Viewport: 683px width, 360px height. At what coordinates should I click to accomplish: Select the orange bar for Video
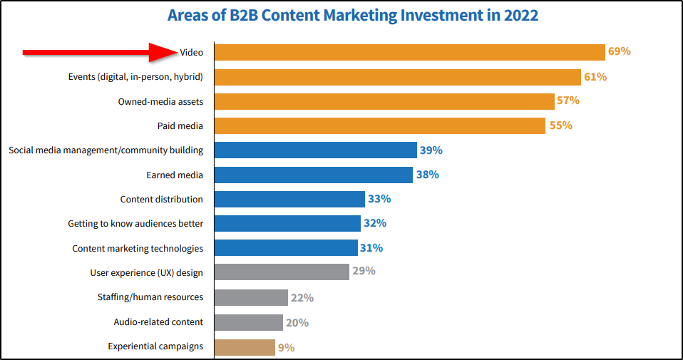click(x=409, y=52)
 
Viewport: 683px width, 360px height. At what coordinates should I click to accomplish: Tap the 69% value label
click(x=619, y=52)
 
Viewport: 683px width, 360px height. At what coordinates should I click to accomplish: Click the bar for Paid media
click(x=379, y=125)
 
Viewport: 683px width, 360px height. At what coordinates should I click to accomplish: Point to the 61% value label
click(x=595, y=76)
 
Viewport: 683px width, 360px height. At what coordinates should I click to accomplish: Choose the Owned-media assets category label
click(x=160, y=101)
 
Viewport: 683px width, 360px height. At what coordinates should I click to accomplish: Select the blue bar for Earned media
click(x=313, y=175)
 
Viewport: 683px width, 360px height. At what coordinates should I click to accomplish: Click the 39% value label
click(x=431, y=150)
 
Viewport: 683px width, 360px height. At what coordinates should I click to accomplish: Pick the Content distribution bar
click(x=289, y=199)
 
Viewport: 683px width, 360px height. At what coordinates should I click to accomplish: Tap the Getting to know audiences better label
click(x=135, y=224)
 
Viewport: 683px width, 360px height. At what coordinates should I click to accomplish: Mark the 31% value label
click(x=371, y=248)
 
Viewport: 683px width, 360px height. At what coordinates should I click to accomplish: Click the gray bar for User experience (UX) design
click(x=282, y=272)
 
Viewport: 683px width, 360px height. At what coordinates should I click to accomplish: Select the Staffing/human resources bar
click(x=251, y=297)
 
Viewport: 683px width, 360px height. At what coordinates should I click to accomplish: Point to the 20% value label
click(x=297, y=323)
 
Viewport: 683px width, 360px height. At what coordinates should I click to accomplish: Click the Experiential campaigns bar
click(x=245, y=347)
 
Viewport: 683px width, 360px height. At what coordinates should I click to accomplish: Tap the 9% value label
click(x=286, y=348)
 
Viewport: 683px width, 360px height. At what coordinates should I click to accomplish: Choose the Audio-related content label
click(x=158, y=322)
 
